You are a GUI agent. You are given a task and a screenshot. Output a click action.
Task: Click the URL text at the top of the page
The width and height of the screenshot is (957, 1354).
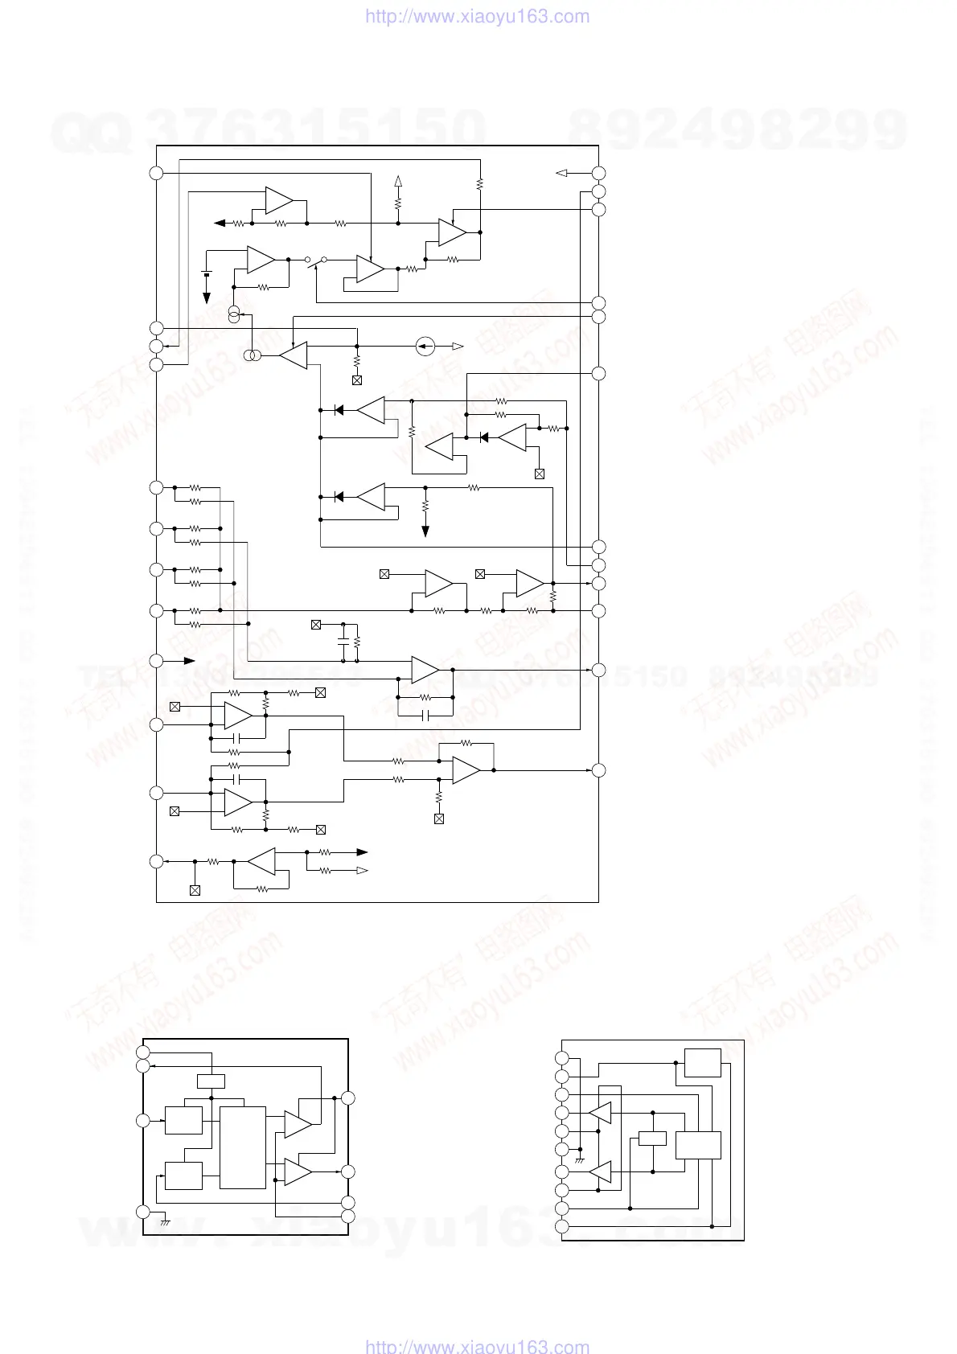point(478,16)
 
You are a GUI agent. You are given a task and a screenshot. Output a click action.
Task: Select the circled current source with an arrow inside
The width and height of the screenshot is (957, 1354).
point(425,347)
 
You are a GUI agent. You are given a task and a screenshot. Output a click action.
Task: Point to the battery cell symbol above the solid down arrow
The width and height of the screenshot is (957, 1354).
point(207,275)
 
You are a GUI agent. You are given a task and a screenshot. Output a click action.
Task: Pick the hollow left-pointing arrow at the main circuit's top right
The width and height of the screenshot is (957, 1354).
point(562,173)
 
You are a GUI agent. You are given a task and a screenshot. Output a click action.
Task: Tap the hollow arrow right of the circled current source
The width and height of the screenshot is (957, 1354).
point(457,347)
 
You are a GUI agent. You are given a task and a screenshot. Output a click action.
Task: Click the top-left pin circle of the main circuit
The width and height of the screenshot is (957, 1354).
point(157,173)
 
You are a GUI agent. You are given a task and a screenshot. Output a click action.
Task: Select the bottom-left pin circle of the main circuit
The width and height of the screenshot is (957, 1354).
point(157,862)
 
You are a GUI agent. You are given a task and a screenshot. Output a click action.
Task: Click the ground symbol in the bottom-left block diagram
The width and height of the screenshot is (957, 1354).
point(165,1222)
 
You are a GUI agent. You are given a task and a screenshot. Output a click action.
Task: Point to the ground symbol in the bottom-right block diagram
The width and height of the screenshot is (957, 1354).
point(580,1161)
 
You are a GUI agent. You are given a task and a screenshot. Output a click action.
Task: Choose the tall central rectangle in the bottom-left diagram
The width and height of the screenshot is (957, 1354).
point(243,1147)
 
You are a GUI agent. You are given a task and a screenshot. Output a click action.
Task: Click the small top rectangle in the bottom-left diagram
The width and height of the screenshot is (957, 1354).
point(211,1081)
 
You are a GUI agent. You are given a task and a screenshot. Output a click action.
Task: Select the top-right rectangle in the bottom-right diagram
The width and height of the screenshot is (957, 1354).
point(702,1063)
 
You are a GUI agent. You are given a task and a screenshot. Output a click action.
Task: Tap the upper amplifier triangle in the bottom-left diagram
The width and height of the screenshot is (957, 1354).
point(297,1125)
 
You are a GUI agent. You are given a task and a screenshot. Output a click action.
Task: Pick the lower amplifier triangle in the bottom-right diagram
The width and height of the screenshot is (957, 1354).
point(601,1172)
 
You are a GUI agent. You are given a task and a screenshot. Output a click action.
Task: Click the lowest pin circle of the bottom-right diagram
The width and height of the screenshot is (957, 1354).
point(562,1227)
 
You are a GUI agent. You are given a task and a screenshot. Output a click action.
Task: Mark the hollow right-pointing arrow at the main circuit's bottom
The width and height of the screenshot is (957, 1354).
point(362,871)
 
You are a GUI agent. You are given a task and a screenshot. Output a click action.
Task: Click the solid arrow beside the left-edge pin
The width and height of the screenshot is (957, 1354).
point(190,661)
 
